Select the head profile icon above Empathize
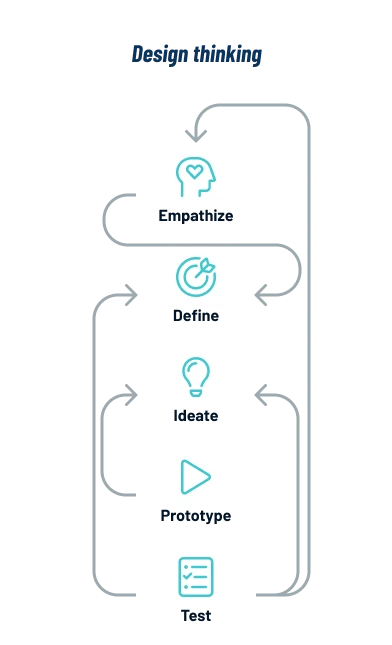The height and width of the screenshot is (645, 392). [195, 176]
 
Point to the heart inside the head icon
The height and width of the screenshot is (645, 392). [195, 173]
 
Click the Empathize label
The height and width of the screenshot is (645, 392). [196, 215]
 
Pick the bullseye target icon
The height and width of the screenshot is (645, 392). [194, 275]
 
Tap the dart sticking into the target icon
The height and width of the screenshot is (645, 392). [203, 266]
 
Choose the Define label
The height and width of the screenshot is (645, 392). [196, 317]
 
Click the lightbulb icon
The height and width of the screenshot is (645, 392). [195, 378]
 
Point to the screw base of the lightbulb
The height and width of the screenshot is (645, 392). [195, 393]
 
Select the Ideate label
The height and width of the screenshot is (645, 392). [196, 415]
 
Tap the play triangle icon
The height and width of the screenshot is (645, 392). [195, 477]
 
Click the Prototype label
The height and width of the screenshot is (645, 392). [196, 519]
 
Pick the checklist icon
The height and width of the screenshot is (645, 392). [195, 577]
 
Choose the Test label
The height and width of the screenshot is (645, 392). [196, 616]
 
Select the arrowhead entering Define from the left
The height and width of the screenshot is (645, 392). [131, 295]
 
